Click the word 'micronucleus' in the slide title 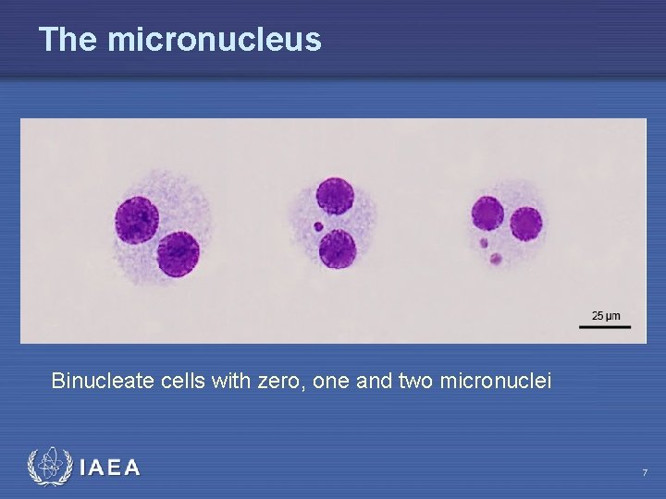pyautogui.click(x=215, y=40)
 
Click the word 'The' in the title pyautogui.click(x=68, y=40)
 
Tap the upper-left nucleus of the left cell pyautogui.click(x=136, y=220)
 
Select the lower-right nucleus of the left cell pyautogui.click(x=179, y=253)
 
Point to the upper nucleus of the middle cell pyautogui.click(x=335, y=196)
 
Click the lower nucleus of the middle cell pyautogui.click(x=338, y=249)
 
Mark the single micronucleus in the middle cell pyautogui.click(x=318, y=225)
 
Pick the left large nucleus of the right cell pyautogui.click(x=487, y=213)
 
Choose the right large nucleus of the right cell pyautogui.click(x=525, y=224)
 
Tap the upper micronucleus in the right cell pyautogui.click(x=483, y=244)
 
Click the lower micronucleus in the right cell pyautogui.click(x=496, y=259)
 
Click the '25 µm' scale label pyautogui.click(x=606, y=316)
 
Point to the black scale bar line pyautogui.click(x=606, y=325)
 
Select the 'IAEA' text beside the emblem pyautogui.click(x=110, y=469)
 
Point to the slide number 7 pyautogui.click(x=645, y=473)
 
